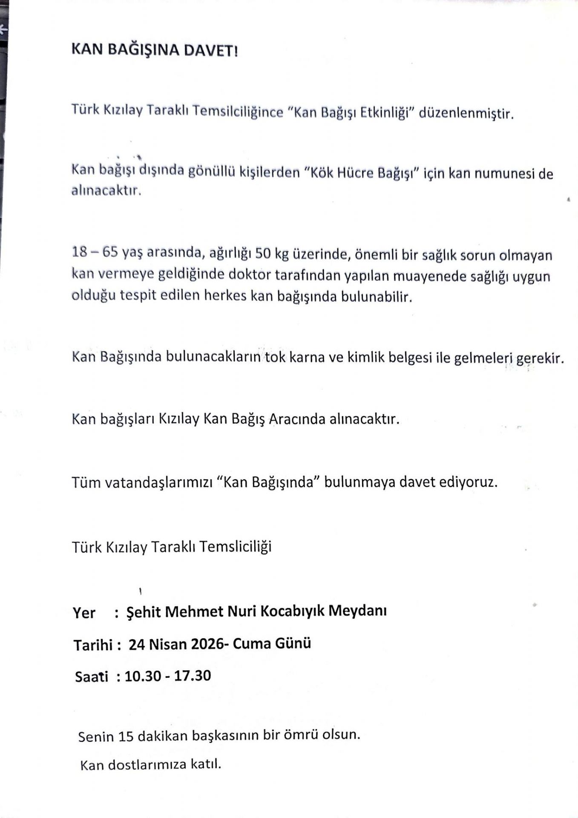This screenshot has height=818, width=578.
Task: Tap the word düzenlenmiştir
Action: [x=466, y=114]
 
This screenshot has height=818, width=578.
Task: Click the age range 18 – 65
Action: [x=95, y=252]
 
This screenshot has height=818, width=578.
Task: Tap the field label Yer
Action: [x=84, y=613]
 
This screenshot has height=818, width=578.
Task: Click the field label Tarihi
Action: [x=93, y=645]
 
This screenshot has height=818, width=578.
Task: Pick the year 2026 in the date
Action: [x=207, y=644]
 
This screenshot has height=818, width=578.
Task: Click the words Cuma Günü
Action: [x=272, y=643]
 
